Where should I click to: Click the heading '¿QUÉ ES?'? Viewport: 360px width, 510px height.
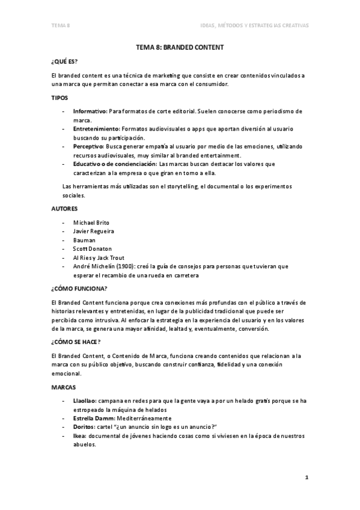point(65,62)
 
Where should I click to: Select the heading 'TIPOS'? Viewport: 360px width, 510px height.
point(60,97)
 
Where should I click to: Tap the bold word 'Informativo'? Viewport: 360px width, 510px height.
point(90,112)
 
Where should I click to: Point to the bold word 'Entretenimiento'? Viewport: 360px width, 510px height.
point(96,129)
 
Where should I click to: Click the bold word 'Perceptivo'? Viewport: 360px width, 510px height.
point(88,146)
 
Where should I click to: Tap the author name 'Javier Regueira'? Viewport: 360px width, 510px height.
point(93,231)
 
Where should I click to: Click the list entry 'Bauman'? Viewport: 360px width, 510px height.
point(84,239)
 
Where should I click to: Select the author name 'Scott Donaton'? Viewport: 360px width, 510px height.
point(92,248)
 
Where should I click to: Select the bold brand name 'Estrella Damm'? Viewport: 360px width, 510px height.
point(92,417)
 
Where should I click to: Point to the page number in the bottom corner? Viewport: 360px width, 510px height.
point(306,478)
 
